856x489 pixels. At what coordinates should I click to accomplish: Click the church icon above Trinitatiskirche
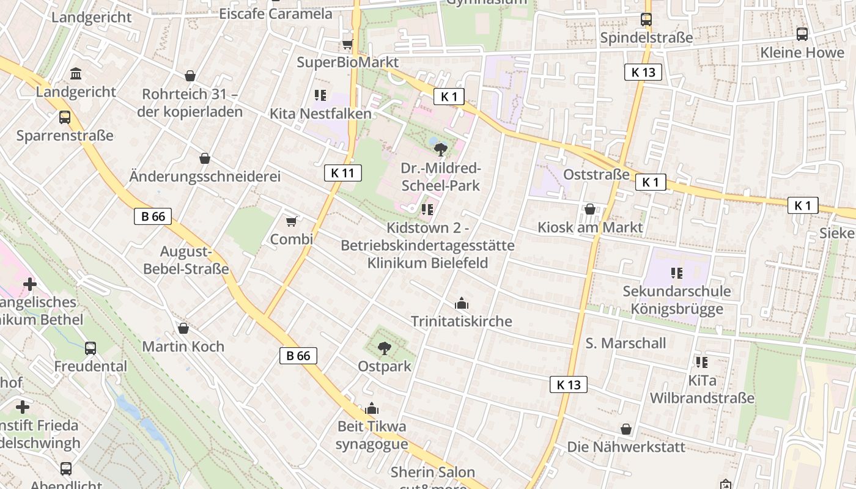point(461,303)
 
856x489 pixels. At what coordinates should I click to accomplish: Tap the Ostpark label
point(385,367)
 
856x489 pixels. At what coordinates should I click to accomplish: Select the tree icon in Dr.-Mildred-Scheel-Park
point(440,149)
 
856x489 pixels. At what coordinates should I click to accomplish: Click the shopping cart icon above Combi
point(292,221)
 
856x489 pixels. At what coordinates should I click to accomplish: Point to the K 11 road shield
point(342,173)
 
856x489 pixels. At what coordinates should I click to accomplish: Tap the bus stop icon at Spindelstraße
point(646,20)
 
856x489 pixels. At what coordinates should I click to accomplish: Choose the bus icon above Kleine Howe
point(802,34)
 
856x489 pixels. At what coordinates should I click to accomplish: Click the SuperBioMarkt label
point(347,62)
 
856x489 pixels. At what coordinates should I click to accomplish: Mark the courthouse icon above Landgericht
point(76,74)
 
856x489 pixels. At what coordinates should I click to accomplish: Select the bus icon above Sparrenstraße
point(65,117)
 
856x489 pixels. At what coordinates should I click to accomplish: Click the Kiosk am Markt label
point(590,227)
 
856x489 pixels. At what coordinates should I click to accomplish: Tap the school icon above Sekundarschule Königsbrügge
point(676,273)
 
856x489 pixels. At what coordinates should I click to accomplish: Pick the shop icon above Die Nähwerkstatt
point(626,429)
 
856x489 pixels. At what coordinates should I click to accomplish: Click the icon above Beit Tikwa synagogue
point(372,408)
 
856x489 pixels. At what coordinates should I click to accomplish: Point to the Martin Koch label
point(183,347)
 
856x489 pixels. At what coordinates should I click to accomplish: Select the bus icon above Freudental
point(90,348)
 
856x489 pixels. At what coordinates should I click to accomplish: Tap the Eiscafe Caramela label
point(276,13)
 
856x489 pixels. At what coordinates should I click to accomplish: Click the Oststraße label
point(596,175)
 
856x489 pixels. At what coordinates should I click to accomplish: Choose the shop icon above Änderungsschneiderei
point(205,159)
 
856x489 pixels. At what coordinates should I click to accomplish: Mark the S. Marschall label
point(625,343)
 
